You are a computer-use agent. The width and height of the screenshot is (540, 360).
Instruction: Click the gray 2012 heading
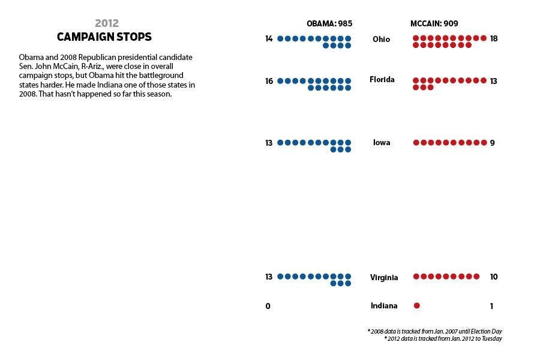[107, 23]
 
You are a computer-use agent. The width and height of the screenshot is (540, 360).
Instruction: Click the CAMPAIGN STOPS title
[104, 37]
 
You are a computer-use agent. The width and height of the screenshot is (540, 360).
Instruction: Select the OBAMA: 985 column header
[329, 23]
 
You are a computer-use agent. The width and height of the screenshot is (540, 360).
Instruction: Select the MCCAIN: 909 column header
[435, 23]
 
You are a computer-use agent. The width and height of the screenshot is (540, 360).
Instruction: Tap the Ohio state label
[381, 39]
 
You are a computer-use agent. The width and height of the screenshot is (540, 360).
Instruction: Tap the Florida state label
[382, 79]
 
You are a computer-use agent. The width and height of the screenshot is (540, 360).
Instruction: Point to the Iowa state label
[382, 143]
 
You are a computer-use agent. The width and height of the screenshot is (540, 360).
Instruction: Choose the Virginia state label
[384, 277]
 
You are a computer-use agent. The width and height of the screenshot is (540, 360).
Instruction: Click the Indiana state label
[384, 306]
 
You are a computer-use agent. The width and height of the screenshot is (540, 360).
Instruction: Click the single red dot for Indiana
[417, 306]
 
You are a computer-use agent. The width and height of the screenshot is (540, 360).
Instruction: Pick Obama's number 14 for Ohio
[269, 39]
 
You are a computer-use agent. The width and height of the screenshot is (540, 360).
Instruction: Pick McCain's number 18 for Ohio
[494, 38]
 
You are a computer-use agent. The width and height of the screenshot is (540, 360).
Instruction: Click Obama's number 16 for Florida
[269, 80]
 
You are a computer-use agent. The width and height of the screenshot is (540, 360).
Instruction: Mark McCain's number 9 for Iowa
[492, 143]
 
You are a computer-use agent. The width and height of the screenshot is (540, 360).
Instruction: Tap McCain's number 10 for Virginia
[494, 277]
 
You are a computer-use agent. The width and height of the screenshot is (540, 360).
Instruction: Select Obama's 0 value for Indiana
[268, 306]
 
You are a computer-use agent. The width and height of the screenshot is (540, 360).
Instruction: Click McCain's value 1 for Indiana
[491, 306]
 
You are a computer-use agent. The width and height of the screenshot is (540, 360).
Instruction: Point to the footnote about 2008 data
[434, 331]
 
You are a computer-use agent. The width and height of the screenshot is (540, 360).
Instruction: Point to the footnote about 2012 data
[443, 339]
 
